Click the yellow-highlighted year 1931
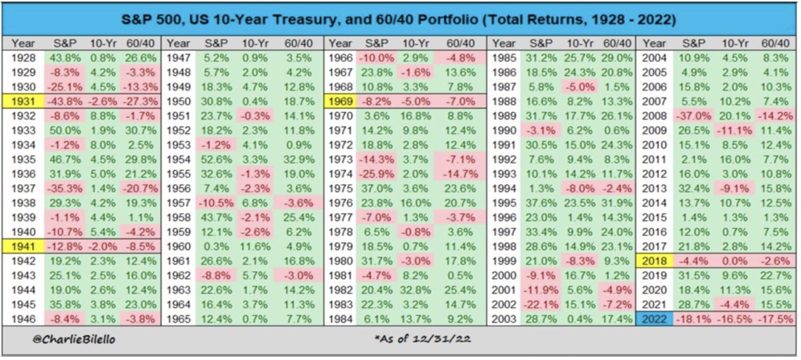click(x=23, y=101)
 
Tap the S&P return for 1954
click(x=215, y=159)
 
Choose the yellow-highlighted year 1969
click(x=341, y=101)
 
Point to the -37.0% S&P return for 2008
click(x=694, y=116)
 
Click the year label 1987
click(x=504, y=87)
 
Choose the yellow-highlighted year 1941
click(x=23, y=246)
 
